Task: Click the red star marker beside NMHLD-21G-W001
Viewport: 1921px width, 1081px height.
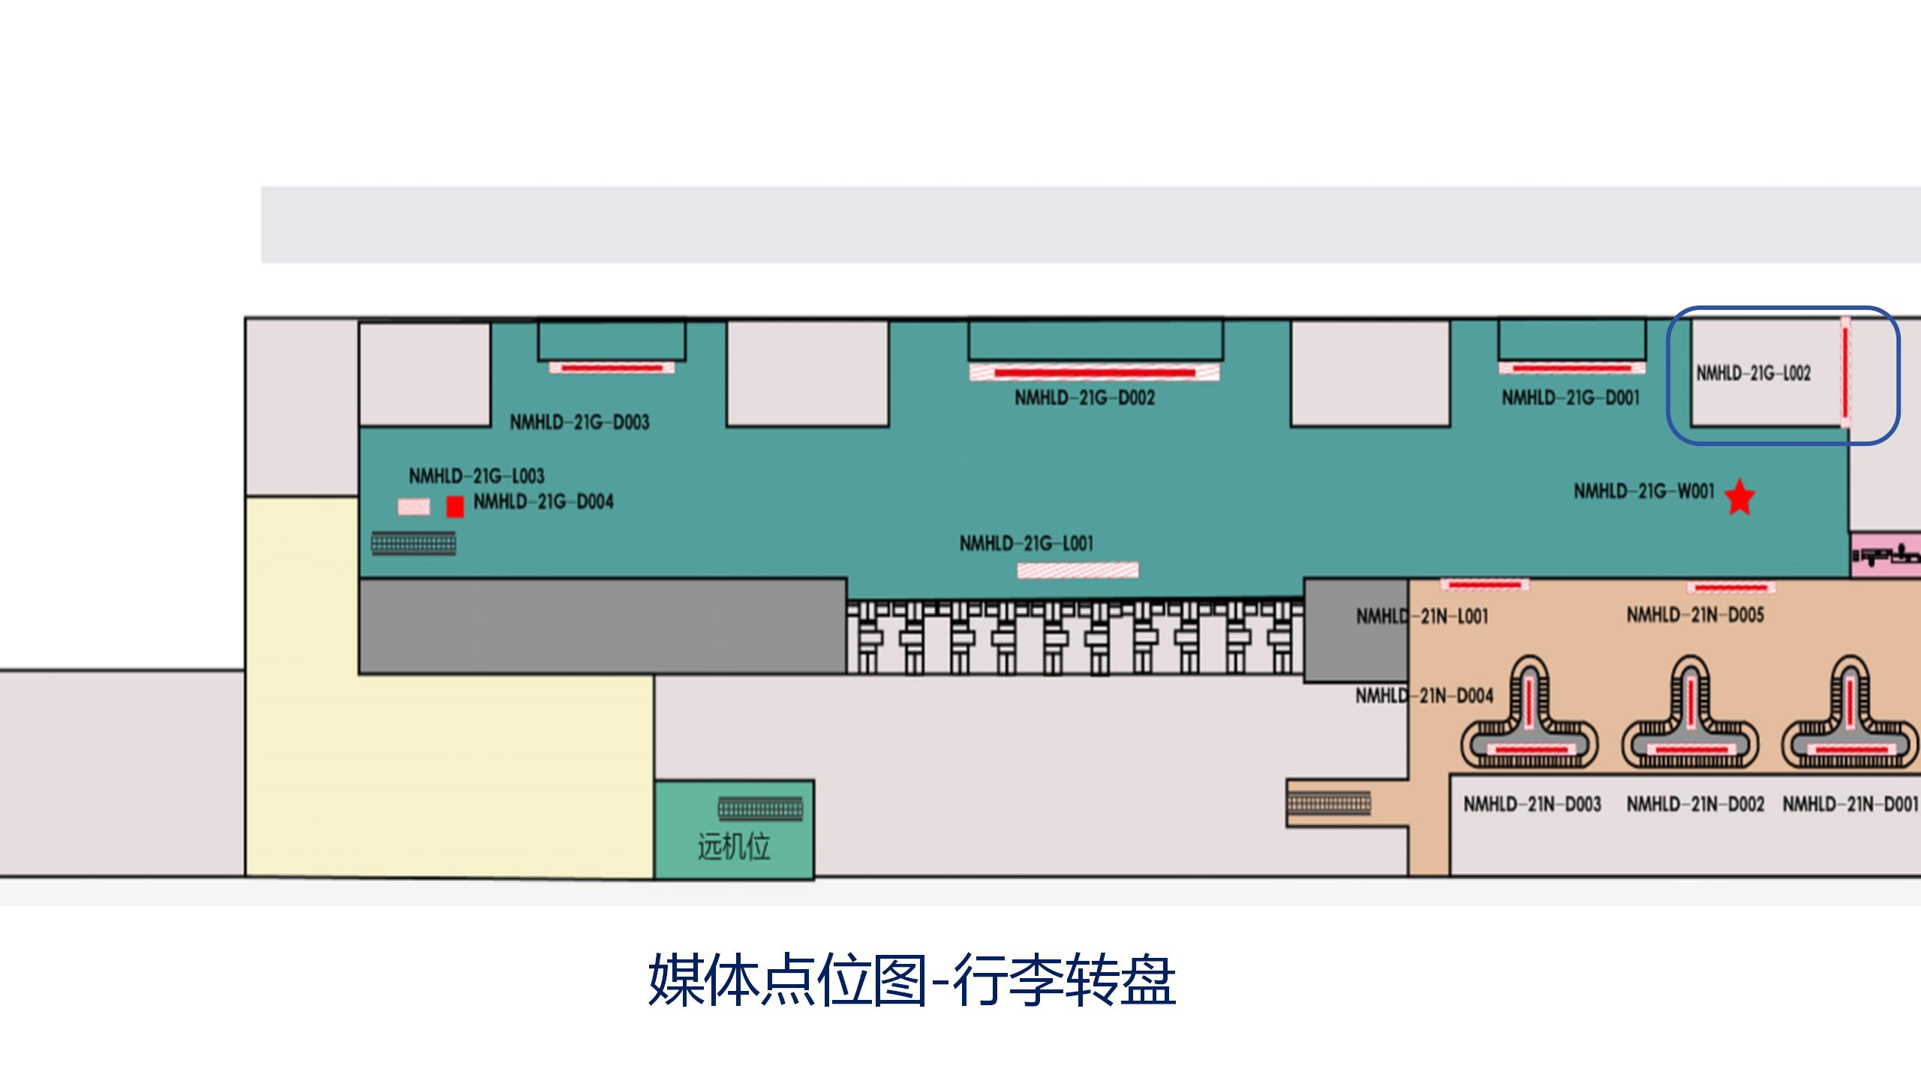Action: coord(1739,498)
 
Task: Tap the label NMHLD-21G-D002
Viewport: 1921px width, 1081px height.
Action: coord(1084,398)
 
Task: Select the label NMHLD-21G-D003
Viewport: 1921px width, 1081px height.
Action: coord(579,422)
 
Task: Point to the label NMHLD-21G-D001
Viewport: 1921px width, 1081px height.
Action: coord(1571,398)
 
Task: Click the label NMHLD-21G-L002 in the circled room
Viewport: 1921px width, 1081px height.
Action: coord(1754,373)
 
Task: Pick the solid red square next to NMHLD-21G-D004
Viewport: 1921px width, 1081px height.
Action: coord(455,507)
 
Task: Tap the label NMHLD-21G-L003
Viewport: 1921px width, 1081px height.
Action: coord(476,476)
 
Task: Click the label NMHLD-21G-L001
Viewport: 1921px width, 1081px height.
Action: coord(1026,543)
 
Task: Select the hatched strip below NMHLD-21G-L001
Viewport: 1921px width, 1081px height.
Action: coord(1078,571)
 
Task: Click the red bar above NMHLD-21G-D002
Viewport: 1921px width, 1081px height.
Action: coord(1094,372)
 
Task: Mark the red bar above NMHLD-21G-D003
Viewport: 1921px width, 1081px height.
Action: coord(612,368)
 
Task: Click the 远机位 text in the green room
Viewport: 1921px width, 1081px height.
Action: coord(734,847)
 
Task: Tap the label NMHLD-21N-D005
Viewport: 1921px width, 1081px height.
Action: coord(1695,616)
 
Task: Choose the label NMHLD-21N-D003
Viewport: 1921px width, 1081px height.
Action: coord(1532,805)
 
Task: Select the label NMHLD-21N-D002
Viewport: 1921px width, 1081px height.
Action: coord(1695,805)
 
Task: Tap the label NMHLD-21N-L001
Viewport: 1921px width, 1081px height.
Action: coord(1422,617)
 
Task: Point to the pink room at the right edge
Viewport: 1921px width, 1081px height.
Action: coord(1886,556)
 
